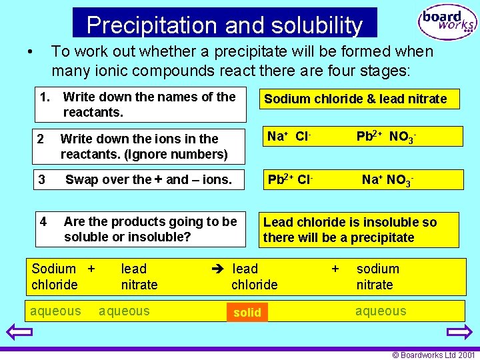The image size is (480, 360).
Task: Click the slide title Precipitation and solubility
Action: tap(225, 25)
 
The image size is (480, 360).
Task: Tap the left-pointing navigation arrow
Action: tap(19, 333)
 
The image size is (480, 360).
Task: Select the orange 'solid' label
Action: tap(247, 312)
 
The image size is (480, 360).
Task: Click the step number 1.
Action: tap(45, 97)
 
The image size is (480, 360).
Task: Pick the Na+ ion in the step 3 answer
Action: tap(372, 179)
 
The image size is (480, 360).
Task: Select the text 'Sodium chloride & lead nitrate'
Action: tap(355, 99)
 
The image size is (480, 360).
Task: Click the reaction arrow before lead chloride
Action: tap(218, 269)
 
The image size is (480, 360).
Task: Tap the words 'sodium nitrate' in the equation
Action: tap(378, 277)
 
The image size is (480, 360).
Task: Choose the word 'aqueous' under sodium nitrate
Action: tap(381, 311)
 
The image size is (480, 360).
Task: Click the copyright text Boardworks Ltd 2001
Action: tap(433, 355)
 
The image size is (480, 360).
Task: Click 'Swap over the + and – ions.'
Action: tap(148, 179)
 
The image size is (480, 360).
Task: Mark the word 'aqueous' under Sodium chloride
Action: tap(55, 311)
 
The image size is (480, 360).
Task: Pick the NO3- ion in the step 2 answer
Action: tap(403, 137)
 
